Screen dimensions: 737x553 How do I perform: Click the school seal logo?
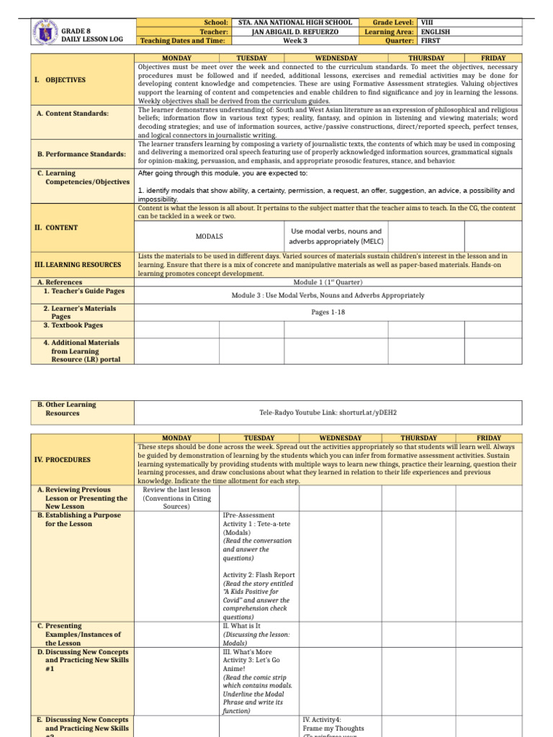(45, 32)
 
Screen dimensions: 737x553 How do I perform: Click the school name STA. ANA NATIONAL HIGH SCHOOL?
(295, 22)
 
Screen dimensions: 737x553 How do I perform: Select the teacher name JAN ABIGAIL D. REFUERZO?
(295, 32)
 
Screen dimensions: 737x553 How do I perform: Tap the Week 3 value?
(295, 41)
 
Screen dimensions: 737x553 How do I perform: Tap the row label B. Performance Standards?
(81, 154)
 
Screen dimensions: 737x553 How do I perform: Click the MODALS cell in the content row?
(209, 236)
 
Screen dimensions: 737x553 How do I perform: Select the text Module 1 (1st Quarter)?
(328, 282)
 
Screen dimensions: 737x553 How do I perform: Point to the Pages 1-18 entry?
(328, 312)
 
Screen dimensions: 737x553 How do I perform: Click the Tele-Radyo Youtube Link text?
(328, 413)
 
